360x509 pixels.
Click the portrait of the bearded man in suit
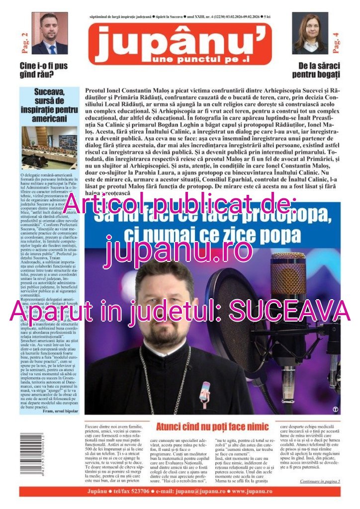(x=49, y=33)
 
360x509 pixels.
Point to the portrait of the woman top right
(x=310, y=33)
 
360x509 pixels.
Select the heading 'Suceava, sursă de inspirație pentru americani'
(x=50, y=105)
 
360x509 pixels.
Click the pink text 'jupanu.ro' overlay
(x=180, y=250)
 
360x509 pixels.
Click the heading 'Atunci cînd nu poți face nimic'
(x=212, y=427)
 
